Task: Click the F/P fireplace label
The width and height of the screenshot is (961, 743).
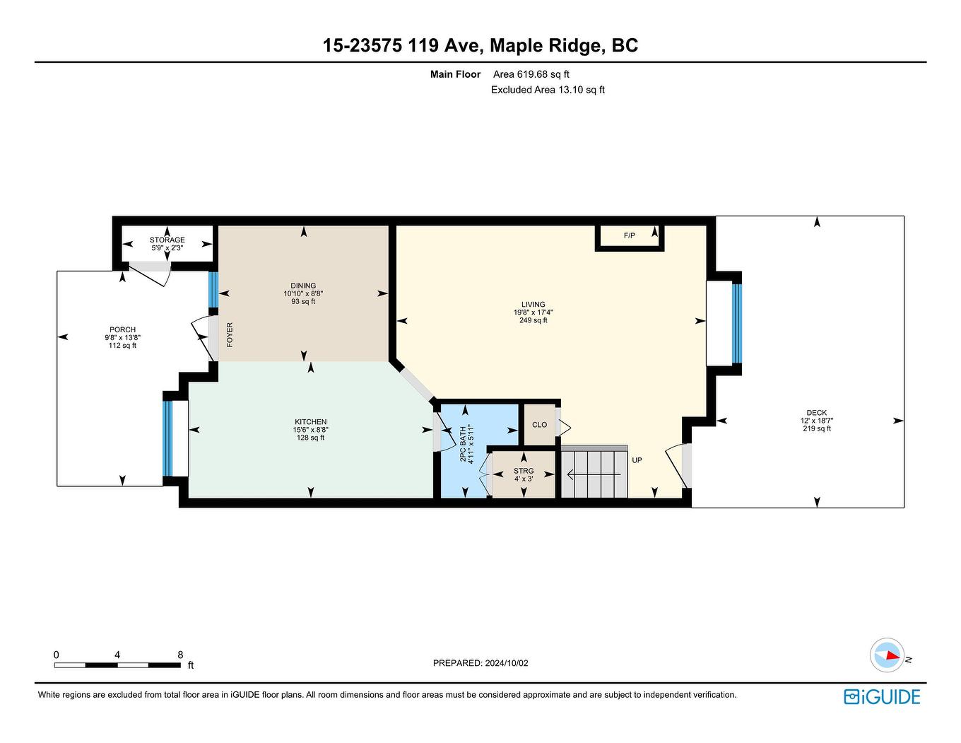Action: pos(630,235)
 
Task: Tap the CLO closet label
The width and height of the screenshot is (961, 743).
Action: pos(539,425)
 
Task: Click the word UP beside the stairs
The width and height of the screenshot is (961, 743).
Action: pos(637,460)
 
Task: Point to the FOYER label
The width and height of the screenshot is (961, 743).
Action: pos(230,334)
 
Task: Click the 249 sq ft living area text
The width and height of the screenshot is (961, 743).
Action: pos(533,320)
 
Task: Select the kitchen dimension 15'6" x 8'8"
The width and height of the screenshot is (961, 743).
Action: pos(311,430)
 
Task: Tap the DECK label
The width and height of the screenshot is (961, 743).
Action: pos(816,413)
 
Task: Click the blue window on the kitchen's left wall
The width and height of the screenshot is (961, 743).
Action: pos(168,438)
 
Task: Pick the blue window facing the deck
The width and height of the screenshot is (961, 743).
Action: pos(737,322)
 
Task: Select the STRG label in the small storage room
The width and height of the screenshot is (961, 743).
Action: pos(524,471)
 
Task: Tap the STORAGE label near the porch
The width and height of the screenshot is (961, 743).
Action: pos(167,240)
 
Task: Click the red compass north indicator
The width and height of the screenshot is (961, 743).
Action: pos(892,655)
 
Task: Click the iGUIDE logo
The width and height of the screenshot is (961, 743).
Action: pos(882,696)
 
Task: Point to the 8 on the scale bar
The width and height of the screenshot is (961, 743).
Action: pos(180,655)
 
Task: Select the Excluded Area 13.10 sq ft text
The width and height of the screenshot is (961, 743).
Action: pos(548,90)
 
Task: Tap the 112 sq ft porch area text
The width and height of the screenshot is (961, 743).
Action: pos(122,345)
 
